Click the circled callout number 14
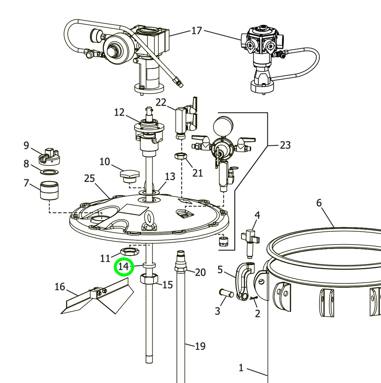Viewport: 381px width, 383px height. click(124, 267)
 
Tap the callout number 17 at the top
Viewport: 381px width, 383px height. click(196, 31)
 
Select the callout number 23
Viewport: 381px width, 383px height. click(285, 145)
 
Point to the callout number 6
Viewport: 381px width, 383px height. click(319, 203)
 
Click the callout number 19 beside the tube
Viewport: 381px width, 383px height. click(200, 346)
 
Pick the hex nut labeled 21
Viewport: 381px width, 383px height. click(180, 156)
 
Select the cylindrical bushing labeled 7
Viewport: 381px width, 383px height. click(50, 190)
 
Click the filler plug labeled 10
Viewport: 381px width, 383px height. click(129, 175)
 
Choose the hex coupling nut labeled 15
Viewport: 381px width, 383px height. click(149, 278)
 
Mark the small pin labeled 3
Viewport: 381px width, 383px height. click(226, 294)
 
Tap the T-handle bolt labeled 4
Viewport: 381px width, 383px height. click(250, 239)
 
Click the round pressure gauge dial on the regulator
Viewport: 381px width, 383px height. click(223, 125)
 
